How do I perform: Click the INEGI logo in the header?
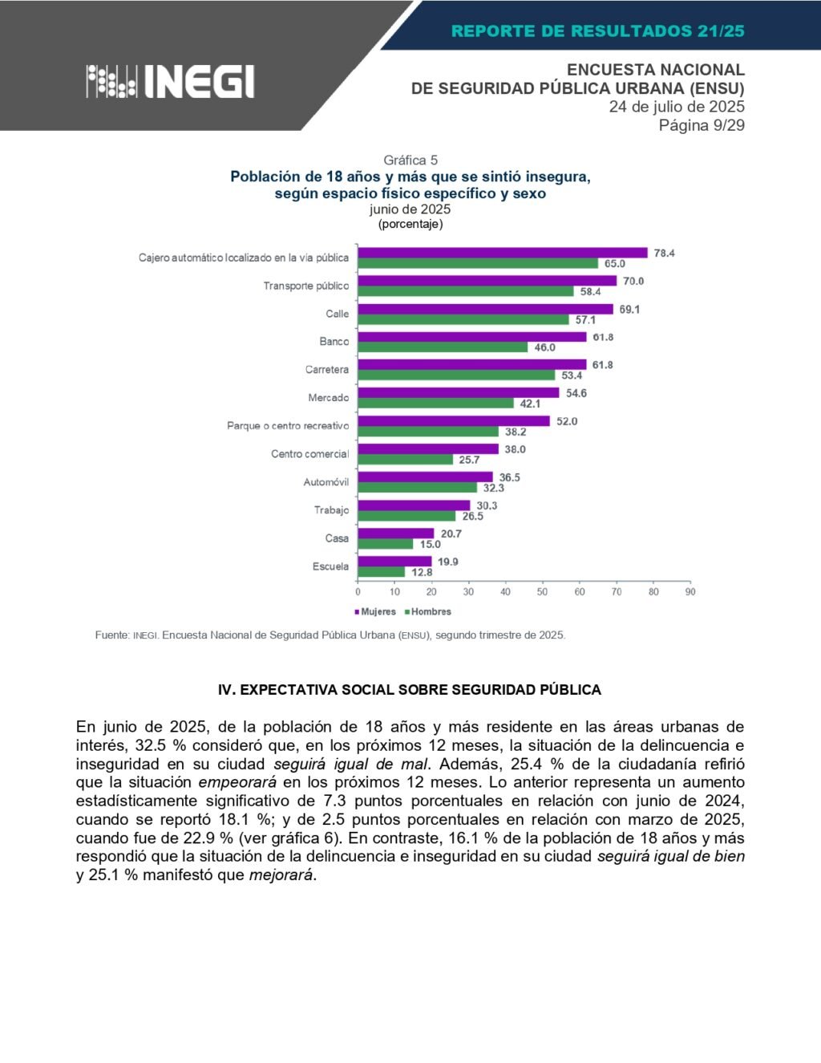[170, 81]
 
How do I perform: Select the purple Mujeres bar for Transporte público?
[487, 281]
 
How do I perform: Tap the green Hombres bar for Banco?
[443, 347]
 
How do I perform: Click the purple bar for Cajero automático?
[502, 253]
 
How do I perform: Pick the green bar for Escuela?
[381, 572]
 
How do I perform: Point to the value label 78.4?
[664, 253]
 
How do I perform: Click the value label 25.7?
[469, 460]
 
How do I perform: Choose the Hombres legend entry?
[428, 611]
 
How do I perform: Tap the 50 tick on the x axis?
[542, 592]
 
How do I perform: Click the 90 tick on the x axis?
[690, 592]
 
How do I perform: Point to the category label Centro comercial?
[309, 454]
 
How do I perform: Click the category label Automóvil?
[326, 482]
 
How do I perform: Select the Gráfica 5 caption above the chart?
[410, 160]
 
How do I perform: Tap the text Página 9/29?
[702, 125]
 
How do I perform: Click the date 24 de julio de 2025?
[677, 107]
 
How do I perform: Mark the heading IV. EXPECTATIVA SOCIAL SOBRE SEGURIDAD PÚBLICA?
[410, 689]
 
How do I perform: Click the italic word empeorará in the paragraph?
[237, 782]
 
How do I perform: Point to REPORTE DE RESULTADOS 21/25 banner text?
[597, 31]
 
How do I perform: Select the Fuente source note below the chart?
[330, 635]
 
